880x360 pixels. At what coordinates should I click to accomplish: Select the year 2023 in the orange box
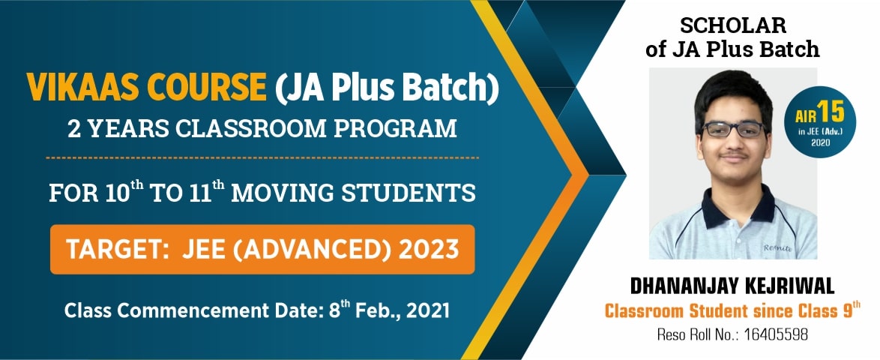coord(428,249)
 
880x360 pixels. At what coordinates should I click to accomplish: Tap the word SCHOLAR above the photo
coord(733,25)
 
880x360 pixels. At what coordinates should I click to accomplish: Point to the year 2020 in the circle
coord(821,142)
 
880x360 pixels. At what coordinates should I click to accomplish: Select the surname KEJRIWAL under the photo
coord(786,286)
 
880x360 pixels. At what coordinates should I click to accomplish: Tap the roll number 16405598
coord(776,335)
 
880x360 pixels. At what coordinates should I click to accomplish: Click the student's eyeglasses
coord(735,128)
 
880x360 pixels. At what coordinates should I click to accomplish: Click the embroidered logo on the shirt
coord(777,247)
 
